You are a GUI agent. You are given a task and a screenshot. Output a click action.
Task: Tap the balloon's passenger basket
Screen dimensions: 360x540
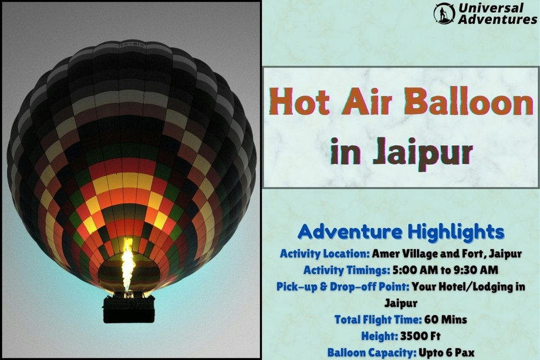129,308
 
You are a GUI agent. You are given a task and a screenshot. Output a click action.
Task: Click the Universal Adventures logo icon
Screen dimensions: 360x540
444,13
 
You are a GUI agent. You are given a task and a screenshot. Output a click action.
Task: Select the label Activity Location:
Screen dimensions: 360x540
324,254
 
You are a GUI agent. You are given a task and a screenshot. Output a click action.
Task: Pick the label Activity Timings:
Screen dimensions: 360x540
345,271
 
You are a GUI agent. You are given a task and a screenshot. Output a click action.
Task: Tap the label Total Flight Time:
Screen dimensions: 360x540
377,320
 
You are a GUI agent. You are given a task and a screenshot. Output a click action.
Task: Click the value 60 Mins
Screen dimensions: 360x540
446,320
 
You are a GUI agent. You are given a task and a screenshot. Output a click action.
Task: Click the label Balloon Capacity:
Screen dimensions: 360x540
372,353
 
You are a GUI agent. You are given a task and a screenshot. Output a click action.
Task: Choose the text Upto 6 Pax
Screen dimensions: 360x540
447,353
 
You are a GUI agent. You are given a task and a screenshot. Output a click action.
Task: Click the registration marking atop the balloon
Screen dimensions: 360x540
131,44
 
